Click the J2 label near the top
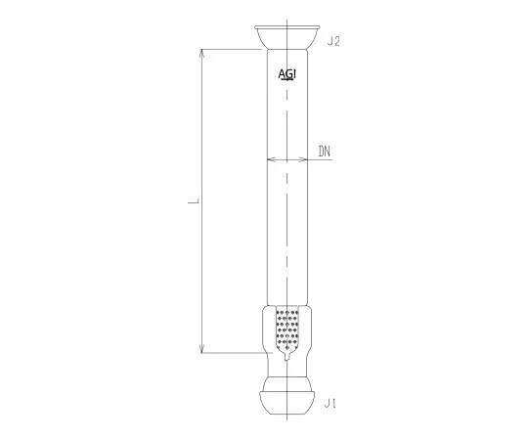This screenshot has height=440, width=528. tap(332, 42)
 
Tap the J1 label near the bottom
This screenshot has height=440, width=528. tap(332, 402)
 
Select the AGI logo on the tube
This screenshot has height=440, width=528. tap(289, 74)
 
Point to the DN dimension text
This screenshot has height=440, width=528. tap(326, 152)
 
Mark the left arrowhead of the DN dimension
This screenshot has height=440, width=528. tap(271, 161)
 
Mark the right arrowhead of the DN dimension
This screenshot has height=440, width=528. tap(310, 161)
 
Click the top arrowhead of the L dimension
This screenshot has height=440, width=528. tap(202, 52)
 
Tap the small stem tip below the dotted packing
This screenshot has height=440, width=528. tap(290, 361)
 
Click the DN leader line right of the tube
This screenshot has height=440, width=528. tap(325, 161)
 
